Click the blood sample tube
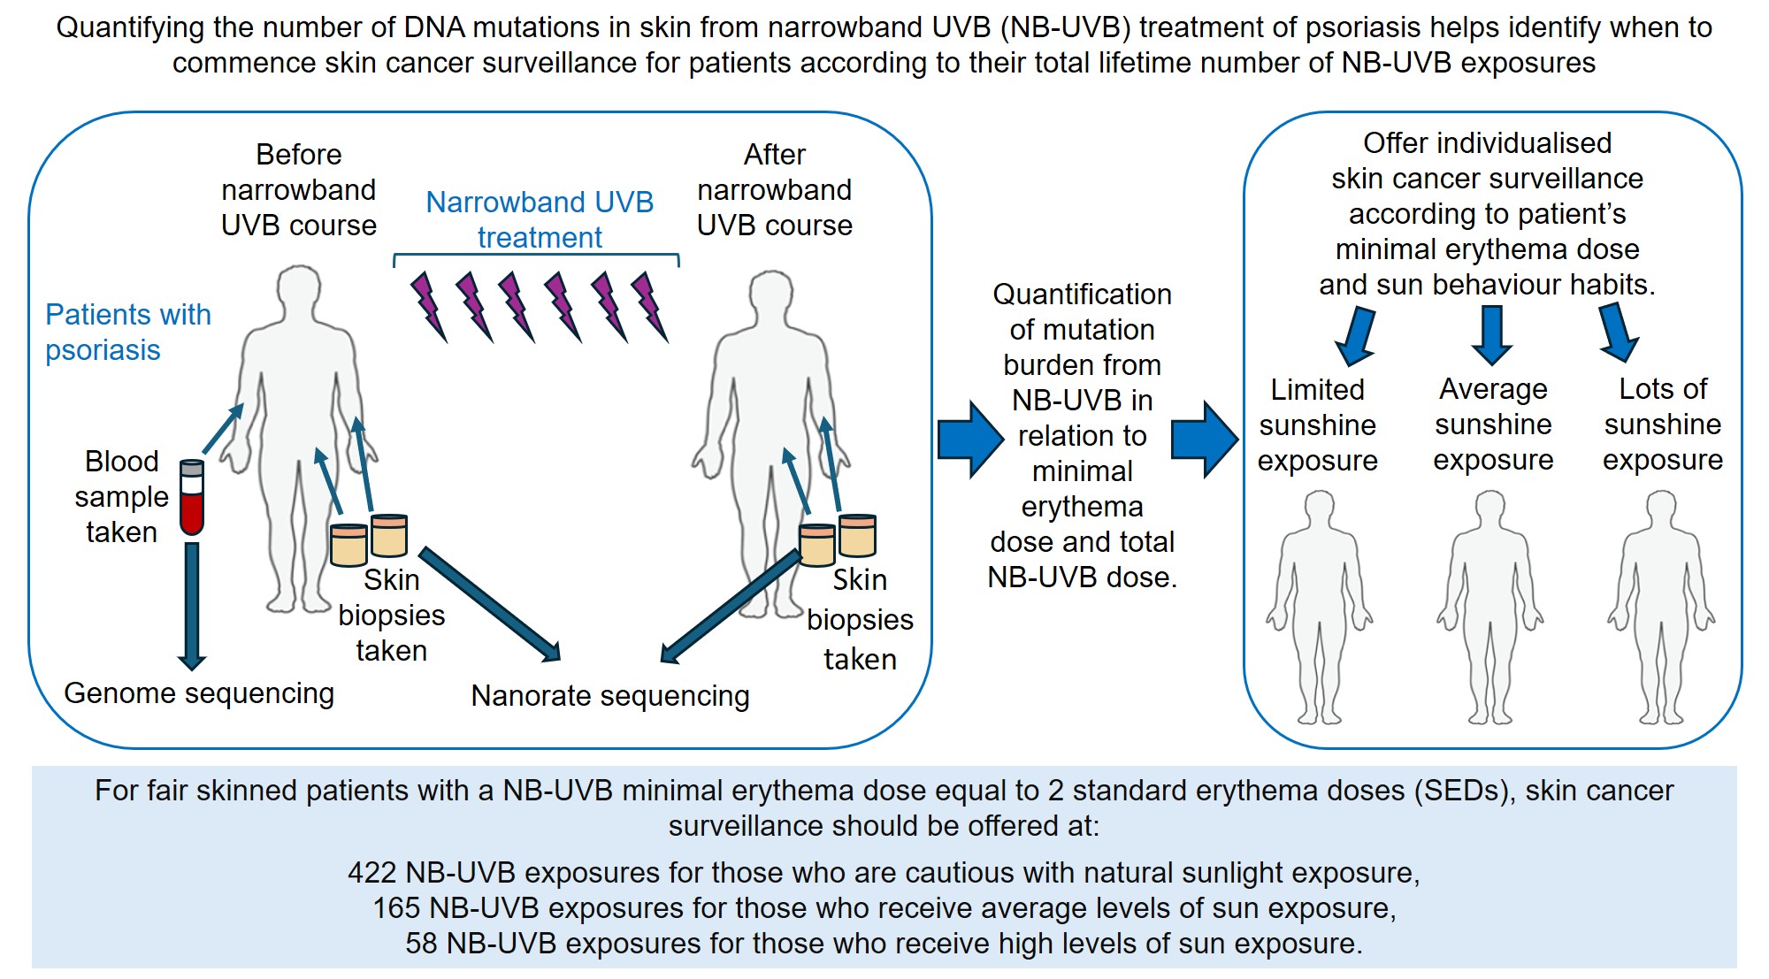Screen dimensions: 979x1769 pos(192,498)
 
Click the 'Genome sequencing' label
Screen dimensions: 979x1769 pos(199,693)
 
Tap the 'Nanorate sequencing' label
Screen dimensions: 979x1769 pos(609,696)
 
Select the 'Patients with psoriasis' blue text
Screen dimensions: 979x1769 pos(127,333)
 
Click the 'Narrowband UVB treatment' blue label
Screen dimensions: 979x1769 pos(540,219)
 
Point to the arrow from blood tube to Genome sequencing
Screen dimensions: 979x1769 pos(192,606)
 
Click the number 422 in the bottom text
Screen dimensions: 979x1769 pos(371,873)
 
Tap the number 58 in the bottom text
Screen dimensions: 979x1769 pos(421,944)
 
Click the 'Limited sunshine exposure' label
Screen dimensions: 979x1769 pos(1317,425)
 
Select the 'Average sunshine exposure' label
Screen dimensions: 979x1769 pos(1493,424)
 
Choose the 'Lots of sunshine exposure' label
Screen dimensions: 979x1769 pos(1662,424)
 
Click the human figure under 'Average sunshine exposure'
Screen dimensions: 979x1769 pos(1491,610)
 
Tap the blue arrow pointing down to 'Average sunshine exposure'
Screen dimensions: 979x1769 pos(1492,334)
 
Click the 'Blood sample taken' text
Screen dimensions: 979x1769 pos(121,497)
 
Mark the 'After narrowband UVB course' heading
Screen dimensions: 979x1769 pos(774,190)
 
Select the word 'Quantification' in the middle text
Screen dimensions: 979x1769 pos(1082,294)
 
